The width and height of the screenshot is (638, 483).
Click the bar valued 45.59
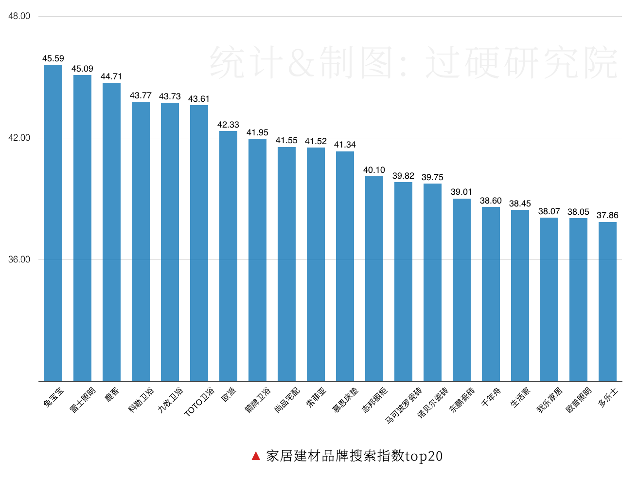[53, 223]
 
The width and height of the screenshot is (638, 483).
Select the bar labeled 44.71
[111, 232]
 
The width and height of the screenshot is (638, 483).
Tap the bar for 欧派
[228, 256]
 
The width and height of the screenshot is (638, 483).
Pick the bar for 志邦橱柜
[374, 279]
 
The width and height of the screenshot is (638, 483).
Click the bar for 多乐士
[607, 301]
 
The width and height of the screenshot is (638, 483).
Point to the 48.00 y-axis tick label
[19, 16]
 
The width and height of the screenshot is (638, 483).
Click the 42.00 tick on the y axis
[19, 138]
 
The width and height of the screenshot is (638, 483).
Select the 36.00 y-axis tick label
[19, 260]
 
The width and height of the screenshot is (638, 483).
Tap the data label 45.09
[82, 69]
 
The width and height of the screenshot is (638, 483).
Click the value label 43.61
[199, 99]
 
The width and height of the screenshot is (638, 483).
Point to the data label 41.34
[345, 145]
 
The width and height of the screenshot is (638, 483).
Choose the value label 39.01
[461, 192]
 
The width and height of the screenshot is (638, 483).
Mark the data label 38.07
[549, 211]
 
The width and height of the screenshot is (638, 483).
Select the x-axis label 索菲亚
[317, 397]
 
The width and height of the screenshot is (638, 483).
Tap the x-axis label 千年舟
[491, 397]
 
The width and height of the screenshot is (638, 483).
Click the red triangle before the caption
[256, 456]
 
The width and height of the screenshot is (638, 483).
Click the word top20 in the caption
[424, 456]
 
